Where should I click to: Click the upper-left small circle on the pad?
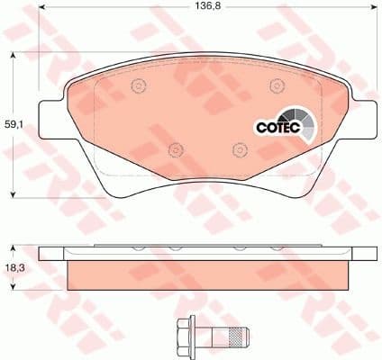[x=138, y=86]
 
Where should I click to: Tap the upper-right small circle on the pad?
[x=274, y=86]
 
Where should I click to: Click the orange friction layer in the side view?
[x=207, y=274]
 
